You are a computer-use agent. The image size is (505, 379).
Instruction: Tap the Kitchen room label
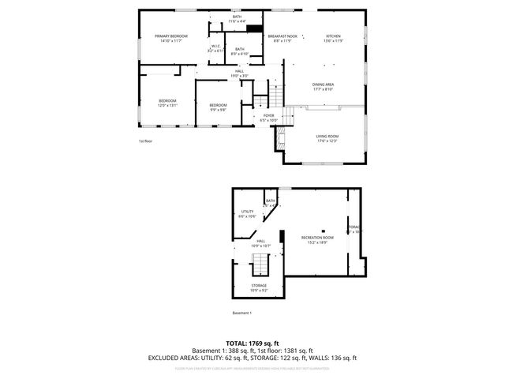(x=334, y=36)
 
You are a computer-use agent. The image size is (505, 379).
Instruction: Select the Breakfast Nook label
(x=282, y=36)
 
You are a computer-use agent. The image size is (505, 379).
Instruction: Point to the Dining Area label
(x=324, y=84)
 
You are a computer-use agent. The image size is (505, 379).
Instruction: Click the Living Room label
(x=326, y=136)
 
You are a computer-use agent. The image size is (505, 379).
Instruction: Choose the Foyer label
(x=269, y=115)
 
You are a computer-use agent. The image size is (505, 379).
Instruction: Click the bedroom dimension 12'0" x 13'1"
(x=168, y=105)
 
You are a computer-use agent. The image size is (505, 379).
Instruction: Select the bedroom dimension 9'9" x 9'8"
(x=218, y=110)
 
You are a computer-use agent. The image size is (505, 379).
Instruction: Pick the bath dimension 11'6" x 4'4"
(x=238, y=21)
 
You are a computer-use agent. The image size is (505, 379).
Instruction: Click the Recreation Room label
(x=317, y=237)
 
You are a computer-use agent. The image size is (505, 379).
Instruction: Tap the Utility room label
(x=247, y=212)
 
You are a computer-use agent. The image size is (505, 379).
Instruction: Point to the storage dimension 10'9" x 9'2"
(x=259, y=291)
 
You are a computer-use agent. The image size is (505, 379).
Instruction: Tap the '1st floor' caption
(x=145, y=141)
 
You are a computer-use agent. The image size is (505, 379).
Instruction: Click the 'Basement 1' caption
(x=241, y=313)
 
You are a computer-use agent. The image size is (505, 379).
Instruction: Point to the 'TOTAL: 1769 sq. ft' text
(x=252, y=343)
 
